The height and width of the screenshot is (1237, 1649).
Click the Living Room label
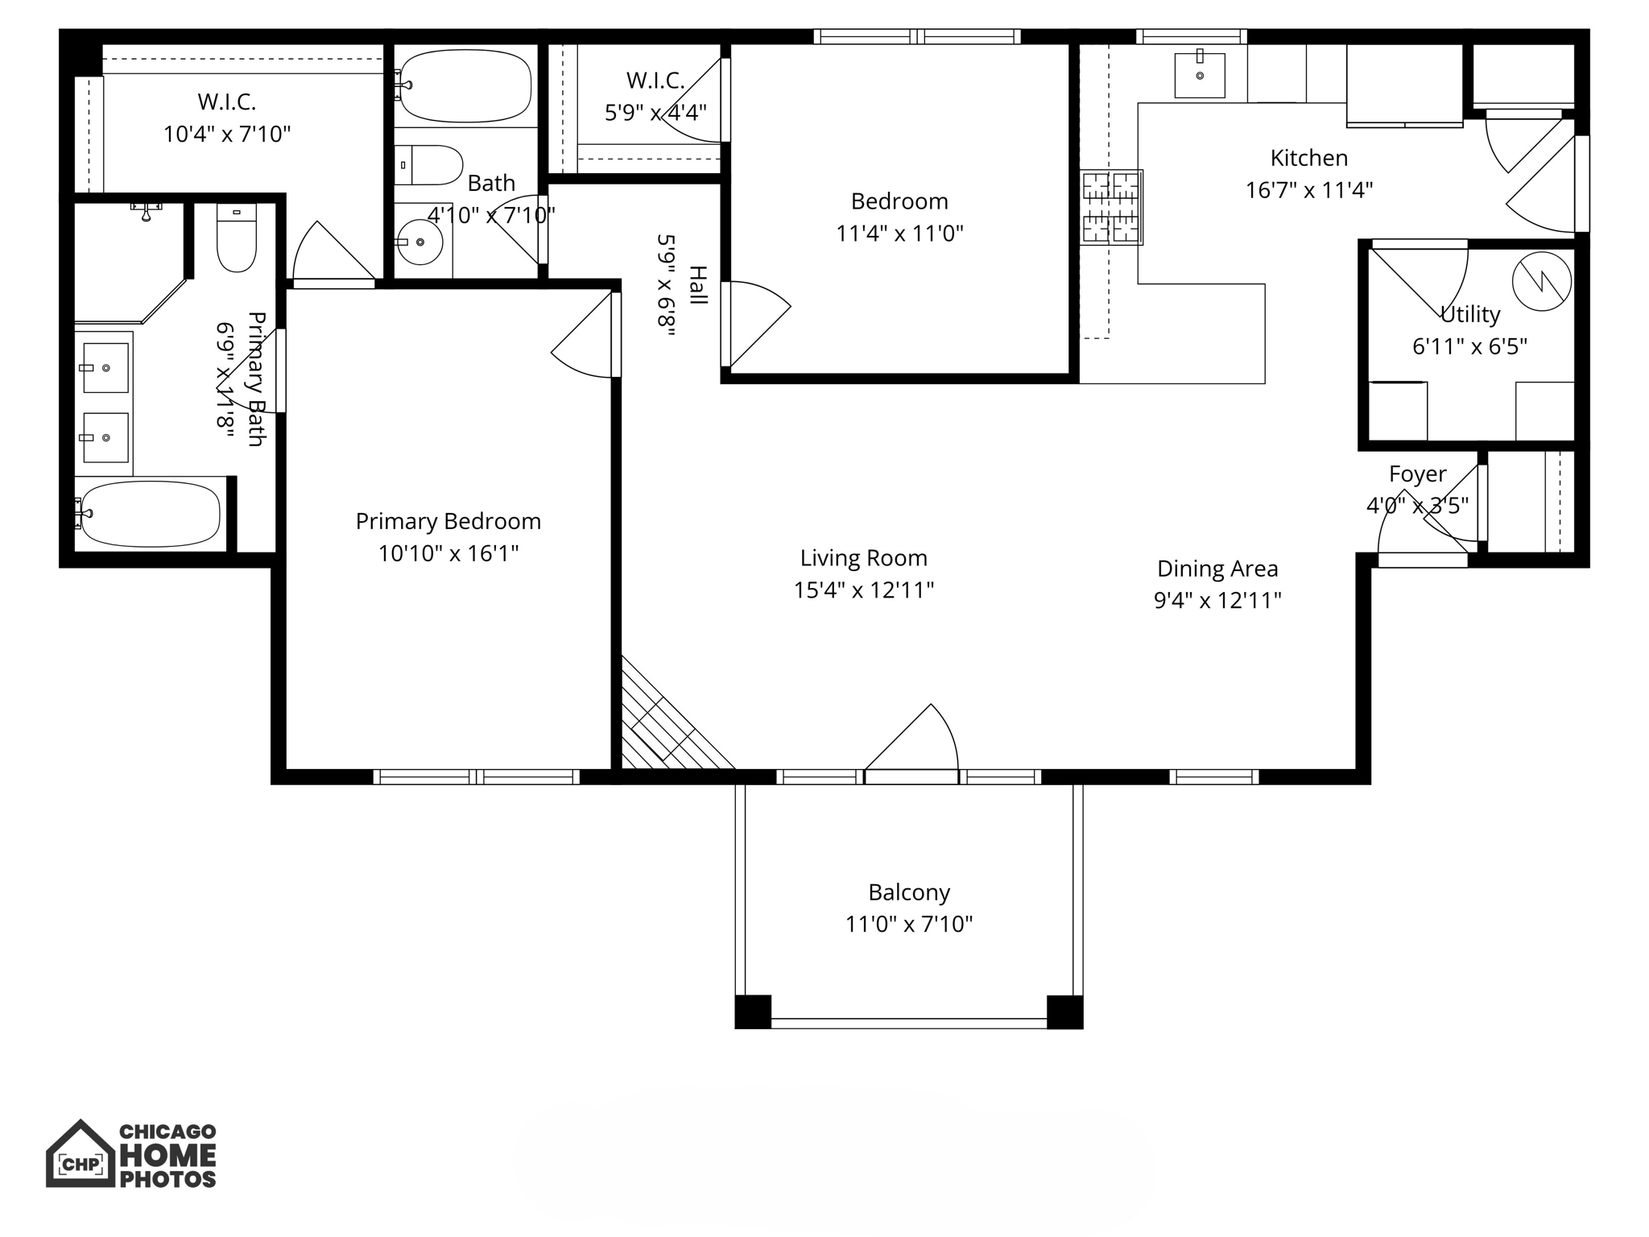click(863, 558)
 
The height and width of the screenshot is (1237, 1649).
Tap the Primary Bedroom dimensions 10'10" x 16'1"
click(448, 553)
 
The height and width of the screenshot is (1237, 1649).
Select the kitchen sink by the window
click(1199, 76)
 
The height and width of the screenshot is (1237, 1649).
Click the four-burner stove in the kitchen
click(1111, 207)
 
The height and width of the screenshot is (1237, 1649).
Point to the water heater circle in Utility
click(1541, 281)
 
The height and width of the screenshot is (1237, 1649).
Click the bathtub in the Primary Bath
click(151, 514)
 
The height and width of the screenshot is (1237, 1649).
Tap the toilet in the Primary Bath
click(236, 239)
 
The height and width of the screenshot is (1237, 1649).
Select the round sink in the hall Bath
click(419, 242)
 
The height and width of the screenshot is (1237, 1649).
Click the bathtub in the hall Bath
click(465, 85)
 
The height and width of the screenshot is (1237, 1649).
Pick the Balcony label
click(908, 892)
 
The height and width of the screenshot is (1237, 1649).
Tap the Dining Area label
click(1217, 569)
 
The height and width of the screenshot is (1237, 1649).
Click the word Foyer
click(1417, 474)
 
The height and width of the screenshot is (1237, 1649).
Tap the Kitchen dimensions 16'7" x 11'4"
click(1308, 191)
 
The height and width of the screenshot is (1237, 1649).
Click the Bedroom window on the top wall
click(916, 36)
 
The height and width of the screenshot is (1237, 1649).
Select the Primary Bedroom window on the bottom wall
click(476, 777)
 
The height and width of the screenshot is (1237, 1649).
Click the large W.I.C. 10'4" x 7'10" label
click(226, 118)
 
